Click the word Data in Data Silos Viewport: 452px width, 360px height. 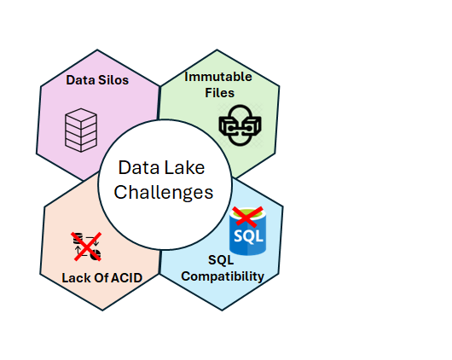tap(80, 80)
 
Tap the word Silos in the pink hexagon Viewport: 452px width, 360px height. tap(113, 80)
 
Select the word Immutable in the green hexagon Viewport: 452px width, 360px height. tap(218, 77)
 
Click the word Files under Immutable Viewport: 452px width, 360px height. tap(220, 93)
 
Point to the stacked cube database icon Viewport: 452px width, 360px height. tap(81, 131)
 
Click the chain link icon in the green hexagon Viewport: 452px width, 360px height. tap(240, 125)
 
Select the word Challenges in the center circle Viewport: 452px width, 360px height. tap(164, 193)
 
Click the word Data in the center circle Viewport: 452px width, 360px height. tap(139, 167)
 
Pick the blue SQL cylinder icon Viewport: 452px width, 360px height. tap(247, 231)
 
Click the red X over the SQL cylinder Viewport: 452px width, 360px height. tap(247, 216)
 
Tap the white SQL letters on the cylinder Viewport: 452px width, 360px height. tap(248, 236)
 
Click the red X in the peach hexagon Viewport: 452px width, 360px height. tap(87, 247)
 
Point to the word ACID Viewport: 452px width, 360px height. tap(126, 278)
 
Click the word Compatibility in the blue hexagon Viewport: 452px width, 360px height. tap(223, 276)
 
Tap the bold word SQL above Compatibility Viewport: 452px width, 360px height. tap(221, 260)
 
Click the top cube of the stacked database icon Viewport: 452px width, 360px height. tap(81, 115)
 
